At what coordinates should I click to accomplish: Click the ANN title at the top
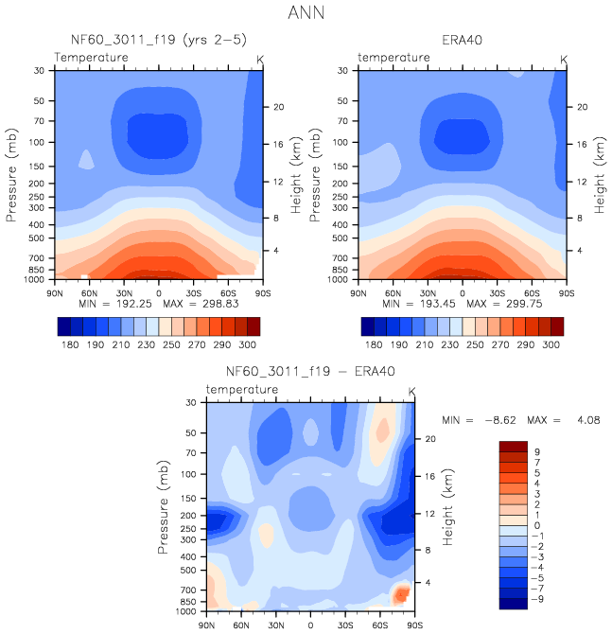pyautogui.click(x=306, y=15)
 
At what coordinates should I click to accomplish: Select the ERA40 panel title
pyautogui.click(x=461, y=41)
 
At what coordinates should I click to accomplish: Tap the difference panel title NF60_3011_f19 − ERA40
pyautogui.click(x=309, y=372)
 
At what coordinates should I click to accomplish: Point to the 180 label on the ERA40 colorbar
pyautogui.click(x=374, y=347)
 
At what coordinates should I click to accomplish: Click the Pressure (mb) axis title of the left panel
pyautogui.click(x=12, y=175)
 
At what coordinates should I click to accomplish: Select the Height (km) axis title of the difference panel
pyautogui.click(x=446, y=509)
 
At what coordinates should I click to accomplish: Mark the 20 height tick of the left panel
pyautogui.click(x=279, y=107)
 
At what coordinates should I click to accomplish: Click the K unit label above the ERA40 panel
pyautogui.click(x=564, y=59)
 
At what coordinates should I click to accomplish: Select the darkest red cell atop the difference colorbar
pyautogui.click(x=512, y=446)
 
